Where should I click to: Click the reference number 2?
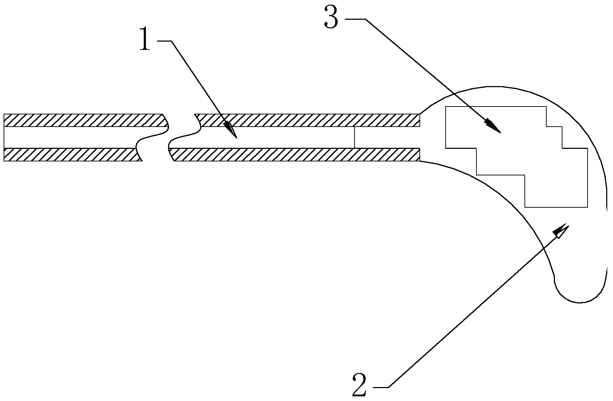[x=360, y=384]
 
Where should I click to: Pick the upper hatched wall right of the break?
[x=308, y=120]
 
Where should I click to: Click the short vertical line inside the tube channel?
[x=354, y=137]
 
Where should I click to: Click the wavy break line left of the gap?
[x=151, y=137]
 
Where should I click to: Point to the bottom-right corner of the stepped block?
[x=587, y=207]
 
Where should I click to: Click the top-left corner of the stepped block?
[x=446, y=107]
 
